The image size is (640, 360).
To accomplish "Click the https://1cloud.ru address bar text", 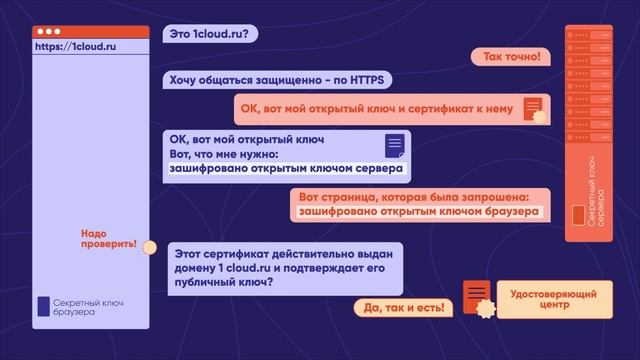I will tap(76, 46).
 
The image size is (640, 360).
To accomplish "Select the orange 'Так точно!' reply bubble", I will tap(511, 57).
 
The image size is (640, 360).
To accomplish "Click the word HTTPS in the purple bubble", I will tap(369, 79).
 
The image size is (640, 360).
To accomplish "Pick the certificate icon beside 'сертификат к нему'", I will tap(533, 107).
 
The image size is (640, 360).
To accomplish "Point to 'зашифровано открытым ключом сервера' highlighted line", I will tap(286, 169).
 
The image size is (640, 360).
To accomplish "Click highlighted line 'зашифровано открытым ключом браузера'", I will tap(419, 211).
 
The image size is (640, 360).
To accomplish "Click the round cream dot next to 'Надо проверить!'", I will tap(150, 247).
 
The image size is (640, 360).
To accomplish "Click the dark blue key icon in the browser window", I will tap(43, 306).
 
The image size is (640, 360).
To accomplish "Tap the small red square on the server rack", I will tap(576, 216).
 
